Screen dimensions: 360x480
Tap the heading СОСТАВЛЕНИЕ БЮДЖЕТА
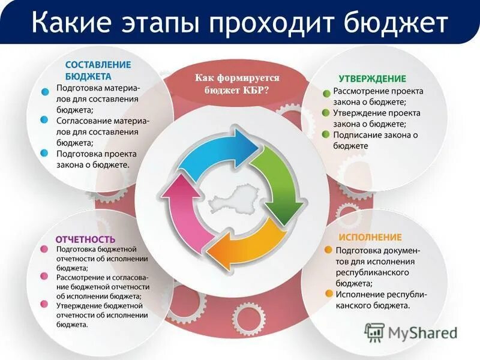97,70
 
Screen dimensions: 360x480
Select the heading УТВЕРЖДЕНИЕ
372,79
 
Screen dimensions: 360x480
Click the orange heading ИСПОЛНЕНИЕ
370,237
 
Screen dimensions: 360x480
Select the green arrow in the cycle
278,180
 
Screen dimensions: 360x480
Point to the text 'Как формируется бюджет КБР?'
238,83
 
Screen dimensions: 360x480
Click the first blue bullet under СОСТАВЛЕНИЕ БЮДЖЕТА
44,93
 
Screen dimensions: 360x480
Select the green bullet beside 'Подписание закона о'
326,134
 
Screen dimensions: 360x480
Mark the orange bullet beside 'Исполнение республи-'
328,294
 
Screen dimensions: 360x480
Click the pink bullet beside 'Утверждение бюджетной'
44,304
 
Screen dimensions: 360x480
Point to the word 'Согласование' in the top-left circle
84,121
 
